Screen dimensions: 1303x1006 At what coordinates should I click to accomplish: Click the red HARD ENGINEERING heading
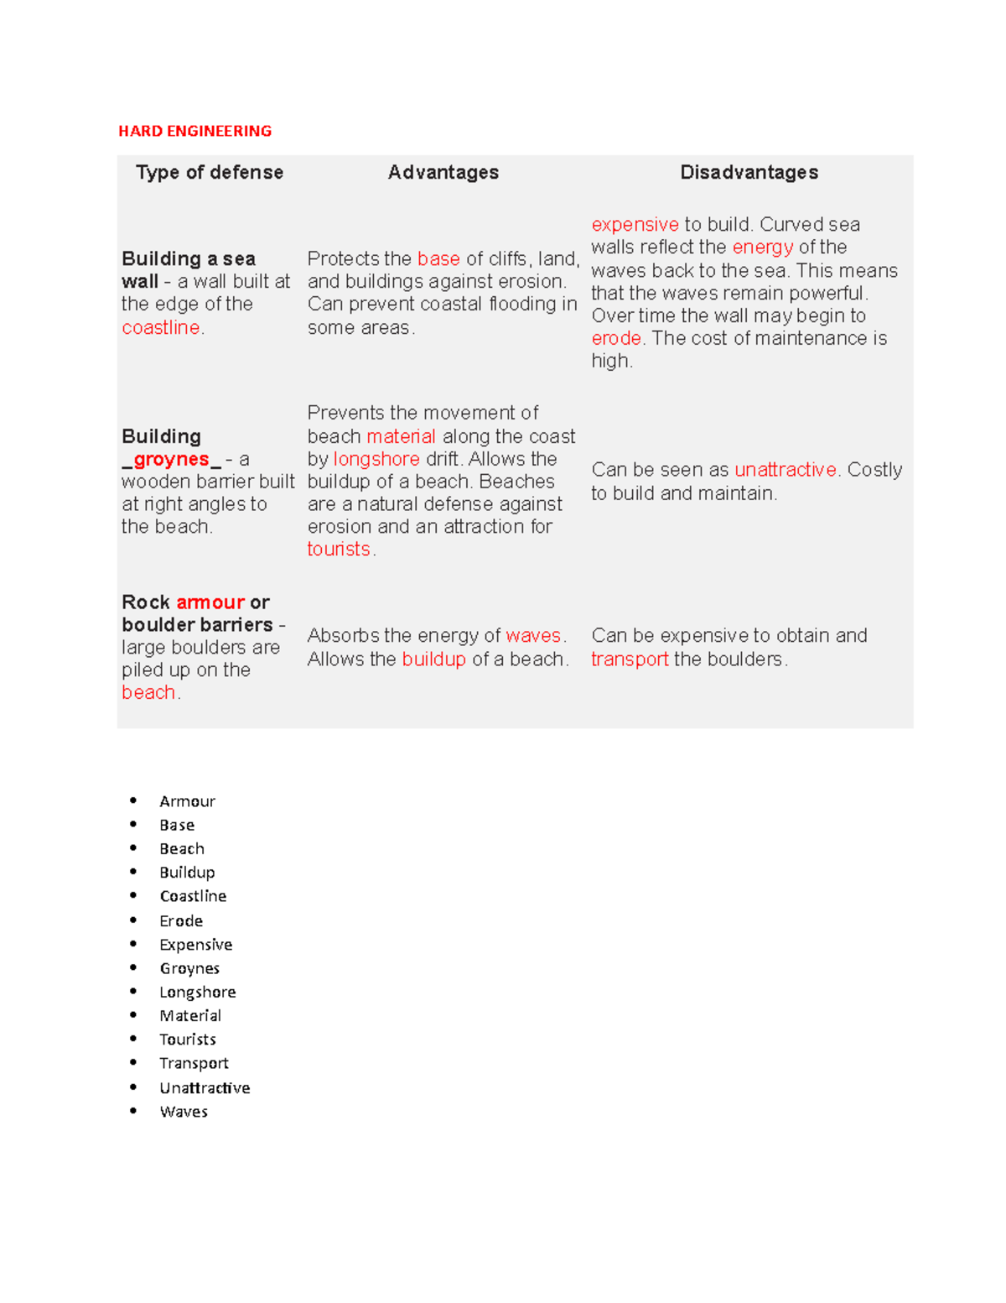(x=194, y=131)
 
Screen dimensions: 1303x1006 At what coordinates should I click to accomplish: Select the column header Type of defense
(x=210, y=172)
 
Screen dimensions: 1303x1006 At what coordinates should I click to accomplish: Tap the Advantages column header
(x=443, y=172)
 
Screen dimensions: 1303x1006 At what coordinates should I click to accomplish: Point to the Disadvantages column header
(x=749, y=172)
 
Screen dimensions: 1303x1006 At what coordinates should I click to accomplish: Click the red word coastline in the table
(x=161, y=327)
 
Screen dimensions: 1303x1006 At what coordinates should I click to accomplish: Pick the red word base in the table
(x=438, y=258)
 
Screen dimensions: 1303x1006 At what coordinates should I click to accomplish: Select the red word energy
(x=762, y=247)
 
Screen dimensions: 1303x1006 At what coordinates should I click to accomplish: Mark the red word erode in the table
(x=616, y=338)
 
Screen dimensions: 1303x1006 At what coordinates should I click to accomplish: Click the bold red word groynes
(x=171, y=459)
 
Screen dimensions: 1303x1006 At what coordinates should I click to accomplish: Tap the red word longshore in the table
(x=376, y=459)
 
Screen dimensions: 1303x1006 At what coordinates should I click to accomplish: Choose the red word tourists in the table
(x=339, y=549)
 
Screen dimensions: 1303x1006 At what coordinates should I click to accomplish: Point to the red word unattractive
(x=786, y=469)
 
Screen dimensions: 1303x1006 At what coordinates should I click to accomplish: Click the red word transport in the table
(x=630, y=659)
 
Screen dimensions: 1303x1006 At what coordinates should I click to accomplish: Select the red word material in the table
(x=401, y=436)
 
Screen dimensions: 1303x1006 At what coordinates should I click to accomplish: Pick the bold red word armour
(x=210, y=602)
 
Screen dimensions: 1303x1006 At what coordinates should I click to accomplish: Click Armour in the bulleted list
(x=187, y=801)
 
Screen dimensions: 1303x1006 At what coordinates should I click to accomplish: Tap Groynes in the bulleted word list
(x=189, y=968)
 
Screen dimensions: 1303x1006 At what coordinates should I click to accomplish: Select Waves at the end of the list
(x=184, y=1112)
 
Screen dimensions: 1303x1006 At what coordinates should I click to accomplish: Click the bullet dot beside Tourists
(x=133, y=1039)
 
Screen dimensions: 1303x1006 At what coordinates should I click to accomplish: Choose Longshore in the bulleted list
(x=198, y=992)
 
